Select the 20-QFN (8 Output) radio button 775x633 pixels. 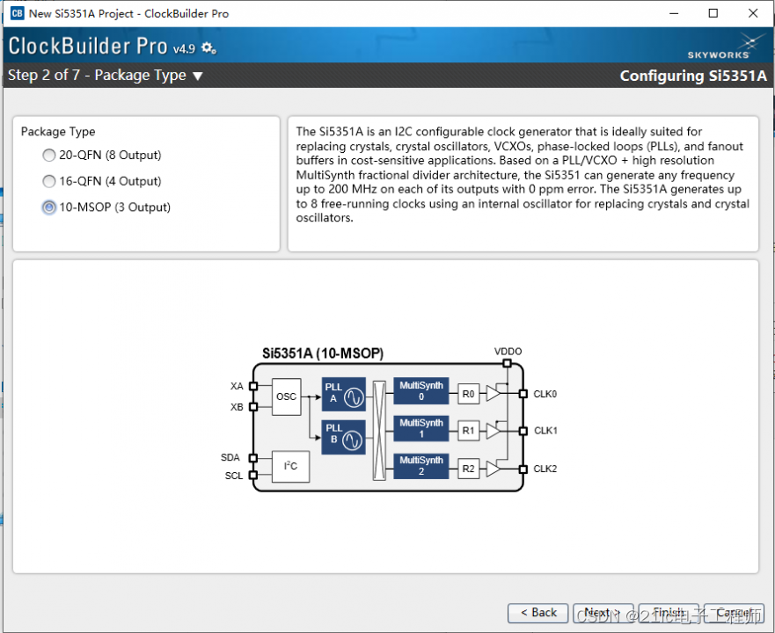[49, 156]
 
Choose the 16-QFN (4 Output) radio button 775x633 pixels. [49, 182]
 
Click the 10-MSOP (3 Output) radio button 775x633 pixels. [49, 207]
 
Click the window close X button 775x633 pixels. [753, 13]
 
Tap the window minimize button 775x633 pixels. [673, 13]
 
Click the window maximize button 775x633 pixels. [713, 13]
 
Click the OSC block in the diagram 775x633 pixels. [287, 397]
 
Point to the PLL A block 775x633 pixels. [343, 397]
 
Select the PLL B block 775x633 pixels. [343, 437]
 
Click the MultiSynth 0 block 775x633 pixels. [421, 391]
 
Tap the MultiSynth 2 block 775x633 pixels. [421, 466]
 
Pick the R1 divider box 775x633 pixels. [469, 431]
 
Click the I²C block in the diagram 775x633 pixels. [290, 467]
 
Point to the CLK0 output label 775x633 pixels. [545, 394]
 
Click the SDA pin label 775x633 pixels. [230, 457]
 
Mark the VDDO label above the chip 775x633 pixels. [508, 352]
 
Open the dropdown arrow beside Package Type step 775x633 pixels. [198, 76]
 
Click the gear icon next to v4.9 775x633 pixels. [208, 47]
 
